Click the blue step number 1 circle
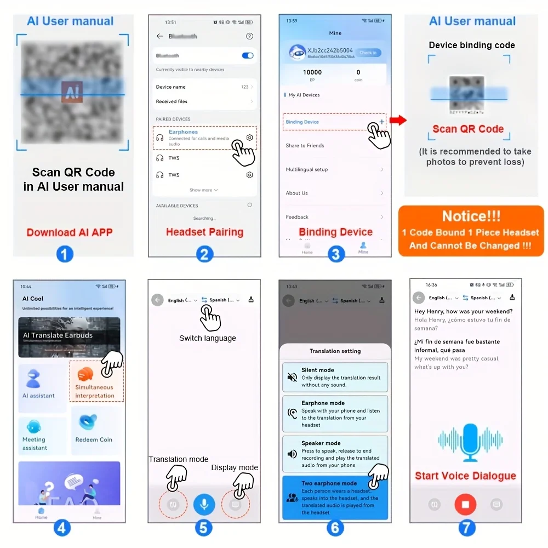pos(65,254)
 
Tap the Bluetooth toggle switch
pos(247,55)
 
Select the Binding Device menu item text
pos(302,122)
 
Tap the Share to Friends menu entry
pos(305,146)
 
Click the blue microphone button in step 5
pos(204,504)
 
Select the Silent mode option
pos(335,377)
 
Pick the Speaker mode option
pos(335,454)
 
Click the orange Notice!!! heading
pos(471,216)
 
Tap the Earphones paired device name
pos(183,132)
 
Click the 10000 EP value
pos(312,72)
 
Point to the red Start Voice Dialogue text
pos(465,476)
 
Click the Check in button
pos(368,53)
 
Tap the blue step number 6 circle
pos(335,528)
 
